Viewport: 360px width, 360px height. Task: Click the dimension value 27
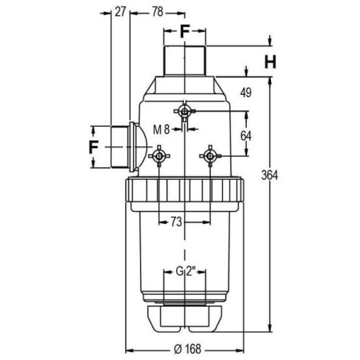click(120, 12)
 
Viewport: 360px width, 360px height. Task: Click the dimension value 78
click(158, 12)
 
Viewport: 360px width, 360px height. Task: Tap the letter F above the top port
click(185, 31)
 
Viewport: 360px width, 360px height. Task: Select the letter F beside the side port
click(93, 147)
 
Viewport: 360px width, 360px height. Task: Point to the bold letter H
click(270, 62)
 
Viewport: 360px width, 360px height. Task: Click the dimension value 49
click(246, 92)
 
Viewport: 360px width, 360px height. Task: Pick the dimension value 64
click(246, 136)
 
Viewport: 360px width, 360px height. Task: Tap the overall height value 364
click(269, 175)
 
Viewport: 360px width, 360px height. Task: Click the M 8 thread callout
click(161, 129)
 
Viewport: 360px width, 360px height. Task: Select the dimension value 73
click(176, 221)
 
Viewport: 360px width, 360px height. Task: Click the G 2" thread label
click(186, 272)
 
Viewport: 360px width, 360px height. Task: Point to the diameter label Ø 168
click(187, 349)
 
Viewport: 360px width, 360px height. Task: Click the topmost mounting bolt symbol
click(184, 112)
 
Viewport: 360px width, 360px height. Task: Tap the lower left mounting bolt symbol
click(158, 156)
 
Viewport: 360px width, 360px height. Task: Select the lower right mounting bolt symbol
click(210, 156)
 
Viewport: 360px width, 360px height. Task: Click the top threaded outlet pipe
click(185, 61)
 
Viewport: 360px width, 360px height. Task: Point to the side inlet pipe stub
click(119, 147)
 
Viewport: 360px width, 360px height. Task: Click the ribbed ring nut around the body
click(185, 190)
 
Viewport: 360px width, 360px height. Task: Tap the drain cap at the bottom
click(185, 319)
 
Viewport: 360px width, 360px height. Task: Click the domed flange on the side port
click(137, 147)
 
